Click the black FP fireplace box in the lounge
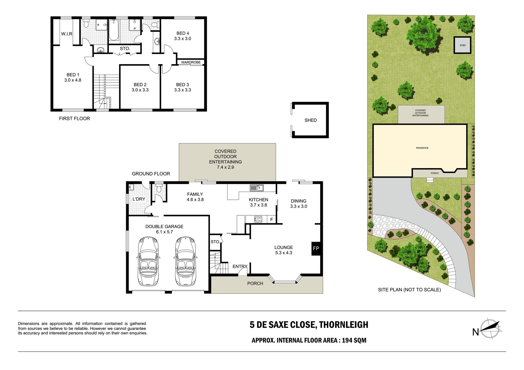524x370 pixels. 316,248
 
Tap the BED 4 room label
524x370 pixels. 183,33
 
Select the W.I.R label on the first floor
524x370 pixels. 67,34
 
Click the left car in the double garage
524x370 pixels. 148,261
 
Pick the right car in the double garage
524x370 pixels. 185,261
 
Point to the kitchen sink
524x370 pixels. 257,188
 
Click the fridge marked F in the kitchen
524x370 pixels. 272,219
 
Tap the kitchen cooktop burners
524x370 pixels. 258,219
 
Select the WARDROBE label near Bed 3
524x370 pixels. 191,62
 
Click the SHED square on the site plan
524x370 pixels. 463,45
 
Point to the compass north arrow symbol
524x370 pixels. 490,328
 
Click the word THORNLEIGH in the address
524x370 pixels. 344,325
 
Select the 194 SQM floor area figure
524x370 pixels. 354,340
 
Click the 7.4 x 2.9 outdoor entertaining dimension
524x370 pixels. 225,167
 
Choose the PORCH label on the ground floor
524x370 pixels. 255,284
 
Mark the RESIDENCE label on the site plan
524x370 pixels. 422,148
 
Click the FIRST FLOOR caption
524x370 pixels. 75,119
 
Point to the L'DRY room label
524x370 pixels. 139,199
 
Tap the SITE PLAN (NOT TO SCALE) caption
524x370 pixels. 409,290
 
